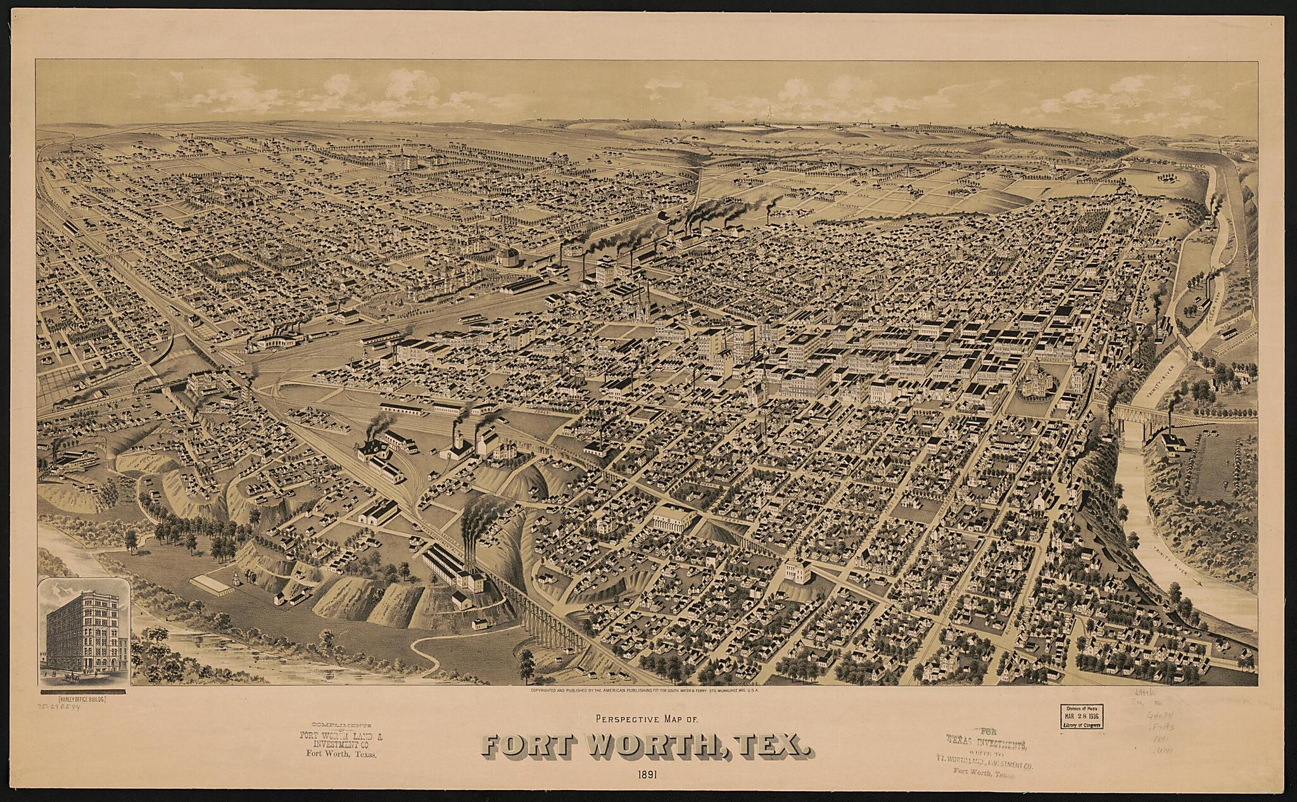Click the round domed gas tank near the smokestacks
[507, 257]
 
